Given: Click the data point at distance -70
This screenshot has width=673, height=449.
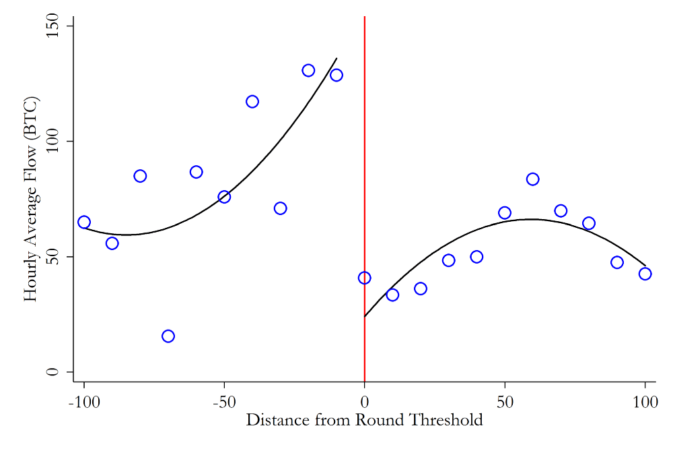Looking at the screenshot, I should point(168,336).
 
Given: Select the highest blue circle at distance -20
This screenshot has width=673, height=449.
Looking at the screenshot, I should point(308,71).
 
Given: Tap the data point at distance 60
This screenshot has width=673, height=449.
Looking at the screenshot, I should point(532,179).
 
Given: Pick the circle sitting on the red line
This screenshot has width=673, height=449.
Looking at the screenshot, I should point(364,278).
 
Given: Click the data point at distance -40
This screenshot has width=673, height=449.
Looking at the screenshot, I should point(252,102).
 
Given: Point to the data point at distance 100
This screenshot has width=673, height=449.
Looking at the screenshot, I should point(645,274).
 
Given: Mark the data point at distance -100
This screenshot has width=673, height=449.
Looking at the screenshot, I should point(84,222).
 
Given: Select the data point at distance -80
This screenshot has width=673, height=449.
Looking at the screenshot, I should point(140,176).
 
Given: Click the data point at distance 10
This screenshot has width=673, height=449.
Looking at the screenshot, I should point(392,295).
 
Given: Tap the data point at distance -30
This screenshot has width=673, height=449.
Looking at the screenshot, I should point(280,208).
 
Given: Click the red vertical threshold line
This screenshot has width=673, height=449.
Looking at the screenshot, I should point(364,135).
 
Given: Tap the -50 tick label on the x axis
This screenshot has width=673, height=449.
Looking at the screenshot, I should point(224,402).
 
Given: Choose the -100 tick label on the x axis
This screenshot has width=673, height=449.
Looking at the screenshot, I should point(84,402).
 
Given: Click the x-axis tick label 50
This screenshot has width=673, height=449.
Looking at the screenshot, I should point(505,402).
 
